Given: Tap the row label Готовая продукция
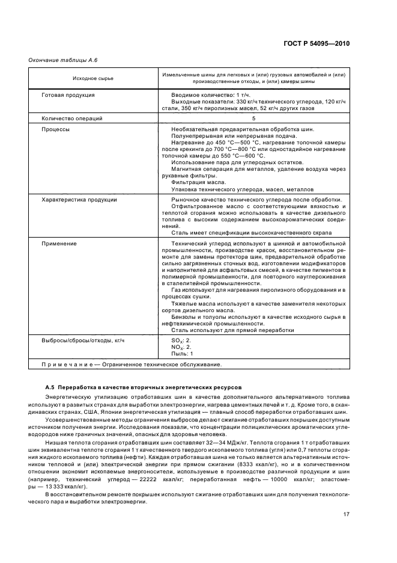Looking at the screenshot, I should (68, 95).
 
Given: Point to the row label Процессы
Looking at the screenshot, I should (55, 129).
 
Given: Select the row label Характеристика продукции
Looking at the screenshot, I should (79, 199).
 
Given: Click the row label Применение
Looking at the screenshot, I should (59, 243).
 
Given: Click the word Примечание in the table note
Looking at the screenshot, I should (66, 365).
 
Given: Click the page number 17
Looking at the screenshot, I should (347, 513).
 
